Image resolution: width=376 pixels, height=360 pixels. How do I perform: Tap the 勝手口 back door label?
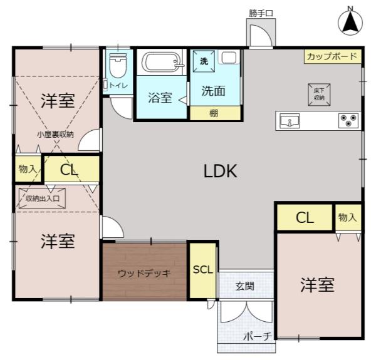[x=261, y=13]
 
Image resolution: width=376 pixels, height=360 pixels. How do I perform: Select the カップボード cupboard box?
[x=333, y=56]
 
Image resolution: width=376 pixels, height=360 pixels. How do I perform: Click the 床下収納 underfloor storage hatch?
[x=319, y=95]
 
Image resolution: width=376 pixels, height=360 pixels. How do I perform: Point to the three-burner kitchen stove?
[x=348, y=120]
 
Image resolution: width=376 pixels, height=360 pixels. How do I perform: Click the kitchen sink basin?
[x=290, y=121]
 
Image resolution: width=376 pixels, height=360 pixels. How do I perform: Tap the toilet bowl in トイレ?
[x=118, y=65]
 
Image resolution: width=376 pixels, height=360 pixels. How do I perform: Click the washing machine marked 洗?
[x=204, y=61]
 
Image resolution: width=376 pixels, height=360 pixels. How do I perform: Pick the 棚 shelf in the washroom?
[x=215, y=113]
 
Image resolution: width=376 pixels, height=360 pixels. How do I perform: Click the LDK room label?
[x=220, y=171]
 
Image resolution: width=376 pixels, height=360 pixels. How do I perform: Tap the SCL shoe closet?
[x=203, y=270]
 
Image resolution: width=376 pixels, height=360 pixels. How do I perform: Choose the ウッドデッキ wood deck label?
[x=144, y=273]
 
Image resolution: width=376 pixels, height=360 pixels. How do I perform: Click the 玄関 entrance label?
[x=244, y=286]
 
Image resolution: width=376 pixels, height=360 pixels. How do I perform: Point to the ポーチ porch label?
[x=258, y=336]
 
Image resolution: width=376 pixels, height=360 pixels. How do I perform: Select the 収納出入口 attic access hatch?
[x=42, y=198]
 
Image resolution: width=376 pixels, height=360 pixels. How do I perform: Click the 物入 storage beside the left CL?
[x=28, y=169]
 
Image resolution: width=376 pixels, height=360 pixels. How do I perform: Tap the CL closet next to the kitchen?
[x=305, y=217]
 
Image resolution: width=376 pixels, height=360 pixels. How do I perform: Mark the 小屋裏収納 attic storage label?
[x=55, y=135]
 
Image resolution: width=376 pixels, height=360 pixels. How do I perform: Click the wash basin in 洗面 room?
[x=229, y=58]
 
